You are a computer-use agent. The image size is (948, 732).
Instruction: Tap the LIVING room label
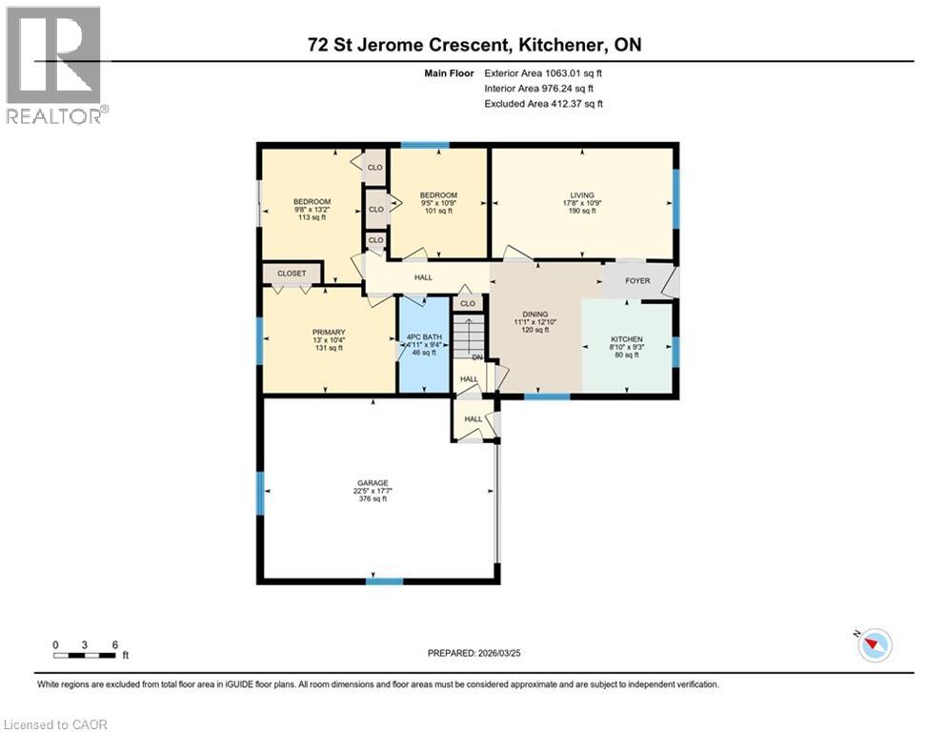click(581, 195)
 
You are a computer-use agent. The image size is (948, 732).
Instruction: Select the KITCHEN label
click(627, 339)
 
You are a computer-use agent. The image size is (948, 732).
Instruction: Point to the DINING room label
click(535, 314)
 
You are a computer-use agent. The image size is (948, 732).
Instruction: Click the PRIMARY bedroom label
click(330, 332)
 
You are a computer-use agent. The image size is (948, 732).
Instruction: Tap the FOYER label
click(637, 281)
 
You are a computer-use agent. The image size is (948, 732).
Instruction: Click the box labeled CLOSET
click(292, 274)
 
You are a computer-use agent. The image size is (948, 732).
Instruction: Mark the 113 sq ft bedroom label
click(312, 201)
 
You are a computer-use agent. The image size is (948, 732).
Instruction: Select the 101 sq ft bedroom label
click(439, 195)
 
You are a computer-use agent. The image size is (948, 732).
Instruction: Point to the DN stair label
click(479, 357)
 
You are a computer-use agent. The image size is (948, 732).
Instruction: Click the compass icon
click(874, 645)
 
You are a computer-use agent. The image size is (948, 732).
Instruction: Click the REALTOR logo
click(56, 65)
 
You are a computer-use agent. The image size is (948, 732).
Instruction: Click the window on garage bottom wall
click(384, 580)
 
